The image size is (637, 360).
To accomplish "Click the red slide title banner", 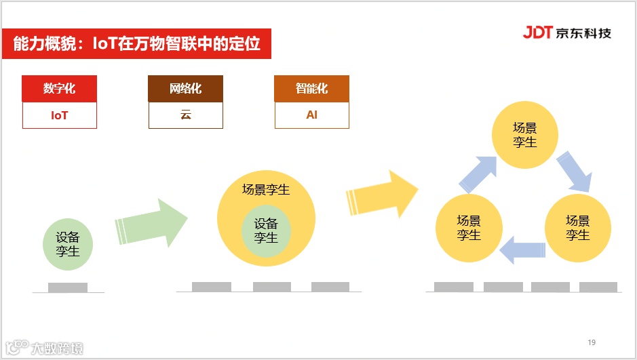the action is coord(136,44).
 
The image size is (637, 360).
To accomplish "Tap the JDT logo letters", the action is coord(538,32).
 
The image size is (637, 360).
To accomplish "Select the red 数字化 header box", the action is coord(60,89).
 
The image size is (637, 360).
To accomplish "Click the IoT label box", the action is coord(60,115).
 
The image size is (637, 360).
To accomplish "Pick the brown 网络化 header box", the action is coord(185,89).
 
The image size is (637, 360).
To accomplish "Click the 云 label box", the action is coord(185,115).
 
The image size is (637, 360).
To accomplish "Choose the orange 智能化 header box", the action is coord(311,89).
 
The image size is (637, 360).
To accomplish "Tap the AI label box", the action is coord(311,115).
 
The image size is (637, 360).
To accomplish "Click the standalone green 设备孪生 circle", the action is coord(68,245).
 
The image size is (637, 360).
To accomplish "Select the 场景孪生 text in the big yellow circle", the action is coord(266,189).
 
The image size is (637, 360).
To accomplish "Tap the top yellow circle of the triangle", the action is coord(525,135).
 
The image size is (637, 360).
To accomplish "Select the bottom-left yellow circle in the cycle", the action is coord(469,228).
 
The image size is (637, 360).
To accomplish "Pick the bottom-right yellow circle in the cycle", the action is coord(578,228).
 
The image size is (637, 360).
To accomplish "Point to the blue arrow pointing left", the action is coord(523,248).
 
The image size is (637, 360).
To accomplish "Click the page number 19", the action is coord(592,342).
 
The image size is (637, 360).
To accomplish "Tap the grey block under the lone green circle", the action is coord(68,287).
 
